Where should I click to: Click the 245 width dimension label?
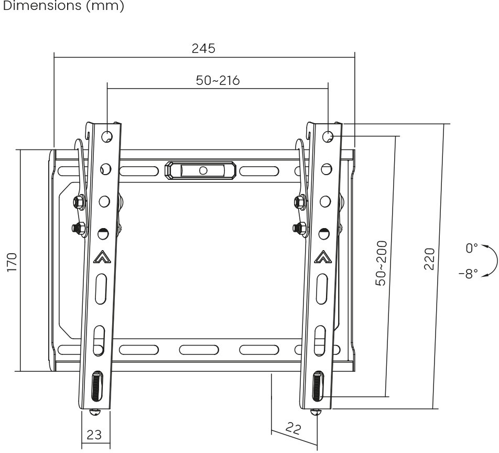203,48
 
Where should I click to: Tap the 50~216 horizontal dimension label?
218,80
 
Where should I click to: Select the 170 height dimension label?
12,262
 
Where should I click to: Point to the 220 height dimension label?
429,259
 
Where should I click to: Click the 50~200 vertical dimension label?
381,263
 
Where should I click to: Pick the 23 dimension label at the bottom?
94,435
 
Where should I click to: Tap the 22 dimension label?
293,428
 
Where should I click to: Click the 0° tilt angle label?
472,248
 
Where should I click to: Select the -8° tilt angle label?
468,273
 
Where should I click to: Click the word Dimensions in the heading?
42,5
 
